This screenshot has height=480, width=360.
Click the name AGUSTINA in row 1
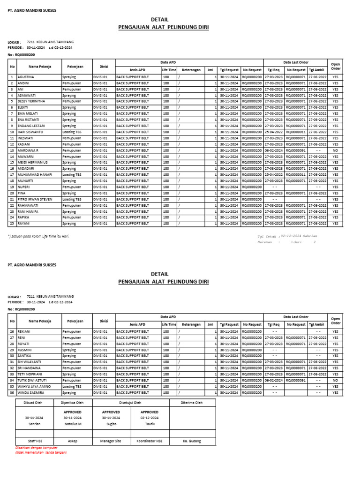click(26, 76)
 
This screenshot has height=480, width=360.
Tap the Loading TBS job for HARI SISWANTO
click(72, 132)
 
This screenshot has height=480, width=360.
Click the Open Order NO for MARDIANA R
click(335, 150)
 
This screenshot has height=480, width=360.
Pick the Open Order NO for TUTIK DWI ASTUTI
click(335, 380)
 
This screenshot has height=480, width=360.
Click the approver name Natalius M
click(73, 423)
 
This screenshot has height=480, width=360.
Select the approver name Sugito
click(111, 423)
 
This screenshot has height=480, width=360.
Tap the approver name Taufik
click(150, 423)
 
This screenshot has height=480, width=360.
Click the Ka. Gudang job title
click(192, 441)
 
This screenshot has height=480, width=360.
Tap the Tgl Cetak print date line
click(287, 236)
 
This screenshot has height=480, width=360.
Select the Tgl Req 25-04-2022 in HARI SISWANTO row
click(274, 132)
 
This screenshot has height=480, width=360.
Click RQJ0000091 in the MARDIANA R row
click(296, 150)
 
